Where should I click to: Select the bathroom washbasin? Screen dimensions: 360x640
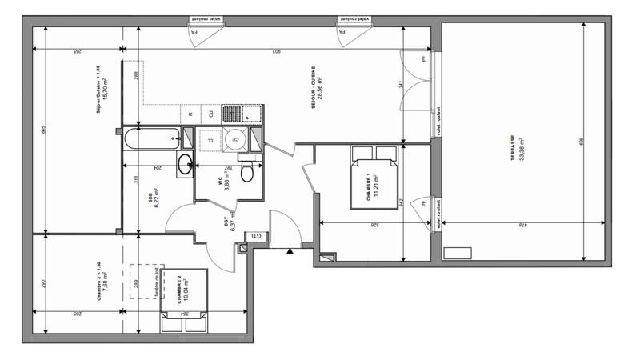[185, 165]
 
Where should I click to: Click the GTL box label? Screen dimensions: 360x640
[254, 235]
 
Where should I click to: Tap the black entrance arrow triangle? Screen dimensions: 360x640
[290, 251]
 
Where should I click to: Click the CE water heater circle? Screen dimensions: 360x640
[235, 140]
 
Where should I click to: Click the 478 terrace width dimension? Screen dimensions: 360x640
[518, 226]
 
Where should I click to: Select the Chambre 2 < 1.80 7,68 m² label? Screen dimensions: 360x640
[102, 280]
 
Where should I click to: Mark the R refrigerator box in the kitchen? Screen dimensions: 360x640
[190, 114]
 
